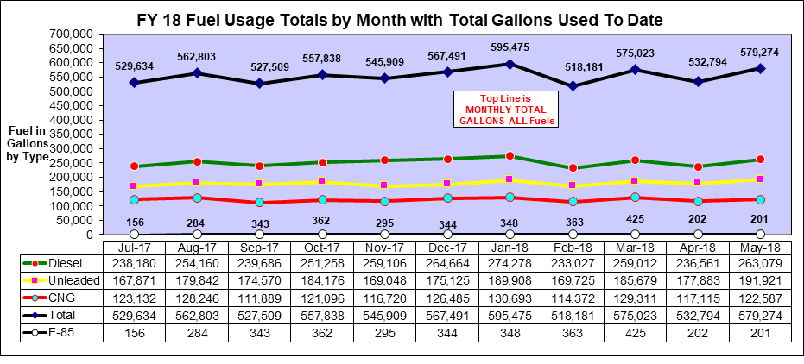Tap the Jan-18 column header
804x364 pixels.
[x=510, y=246]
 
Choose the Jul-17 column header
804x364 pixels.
[x=134, y=246]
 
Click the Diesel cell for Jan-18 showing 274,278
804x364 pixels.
[x=510, y=263]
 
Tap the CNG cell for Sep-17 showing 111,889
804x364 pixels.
[x=259, y=298]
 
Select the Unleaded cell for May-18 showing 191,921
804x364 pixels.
[x=760, y=280]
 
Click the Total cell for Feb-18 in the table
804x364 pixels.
[x=573, y=315]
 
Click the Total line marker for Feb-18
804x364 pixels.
[x=573, y=86]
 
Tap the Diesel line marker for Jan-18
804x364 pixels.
[x=510, y=156]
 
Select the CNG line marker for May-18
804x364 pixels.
[x=760, y=199]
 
